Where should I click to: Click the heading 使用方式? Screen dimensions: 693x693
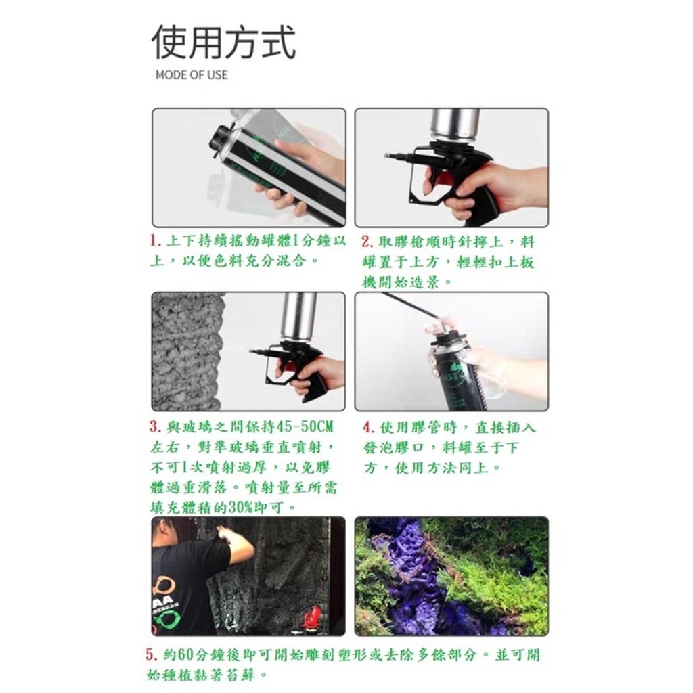point(223,43)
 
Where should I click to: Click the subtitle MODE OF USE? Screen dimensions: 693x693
point(192,74)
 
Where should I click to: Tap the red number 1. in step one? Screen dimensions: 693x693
point(155,242)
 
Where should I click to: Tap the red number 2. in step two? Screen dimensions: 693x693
point(367,242)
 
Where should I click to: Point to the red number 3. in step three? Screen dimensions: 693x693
point(155,427)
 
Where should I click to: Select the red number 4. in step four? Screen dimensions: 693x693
point(369,428)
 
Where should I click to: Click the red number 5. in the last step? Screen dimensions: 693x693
point(152,654)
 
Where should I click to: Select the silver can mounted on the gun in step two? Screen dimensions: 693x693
point(455,125)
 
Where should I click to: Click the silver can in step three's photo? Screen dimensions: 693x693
point(298,317)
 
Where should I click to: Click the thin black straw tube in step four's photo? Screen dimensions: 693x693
point(411,306)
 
